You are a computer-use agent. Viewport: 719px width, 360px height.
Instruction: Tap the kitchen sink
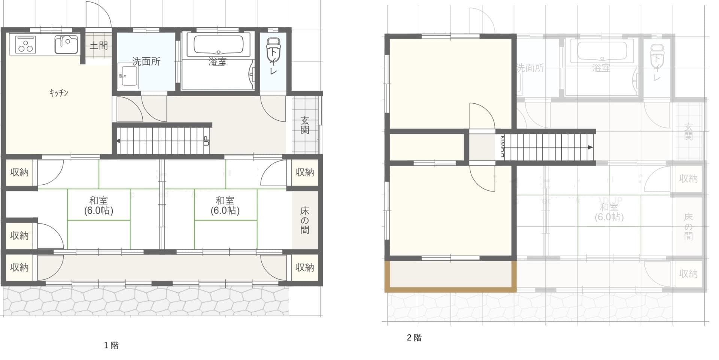[66, 44]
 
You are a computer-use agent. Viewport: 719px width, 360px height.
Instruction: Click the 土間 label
[98, 46]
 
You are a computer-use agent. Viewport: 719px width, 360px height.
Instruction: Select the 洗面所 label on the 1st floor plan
[146, 61]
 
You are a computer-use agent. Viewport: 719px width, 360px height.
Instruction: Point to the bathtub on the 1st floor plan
[218, 45]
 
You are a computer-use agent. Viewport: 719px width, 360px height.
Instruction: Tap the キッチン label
[59, 93]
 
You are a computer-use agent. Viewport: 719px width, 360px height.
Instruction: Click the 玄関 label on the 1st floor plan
[305, 125]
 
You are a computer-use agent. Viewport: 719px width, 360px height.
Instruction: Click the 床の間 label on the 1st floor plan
[305, 220]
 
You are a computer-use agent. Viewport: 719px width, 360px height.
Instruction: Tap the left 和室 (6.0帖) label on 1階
[98, 205]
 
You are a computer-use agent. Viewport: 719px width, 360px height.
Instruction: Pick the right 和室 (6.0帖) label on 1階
[225, 205]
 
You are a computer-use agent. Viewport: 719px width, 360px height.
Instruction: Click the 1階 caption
[111, 345]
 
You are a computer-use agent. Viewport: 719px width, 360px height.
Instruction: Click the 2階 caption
[414, 338]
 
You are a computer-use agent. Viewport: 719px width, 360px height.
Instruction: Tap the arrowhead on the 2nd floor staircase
[591, 147]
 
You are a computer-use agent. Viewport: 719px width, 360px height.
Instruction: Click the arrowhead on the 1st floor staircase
[118, 141]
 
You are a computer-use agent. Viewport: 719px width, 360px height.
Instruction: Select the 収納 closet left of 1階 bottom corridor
[19, 267]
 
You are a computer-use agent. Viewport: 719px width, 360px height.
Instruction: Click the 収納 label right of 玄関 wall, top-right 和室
[304, 172]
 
